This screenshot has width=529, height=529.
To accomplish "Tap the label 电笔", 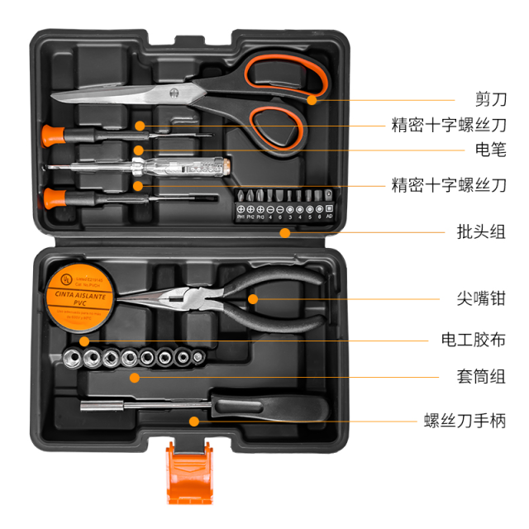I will tap(488, 150).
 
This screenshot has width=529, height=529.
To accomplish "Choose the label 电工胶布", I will tap(472, 340).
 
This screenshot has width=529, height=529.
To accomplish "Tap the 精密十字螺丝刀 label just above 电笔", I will tap(448, 126).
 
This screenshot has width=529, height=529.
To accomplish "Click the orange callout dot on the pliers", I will tap(254, 298).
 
